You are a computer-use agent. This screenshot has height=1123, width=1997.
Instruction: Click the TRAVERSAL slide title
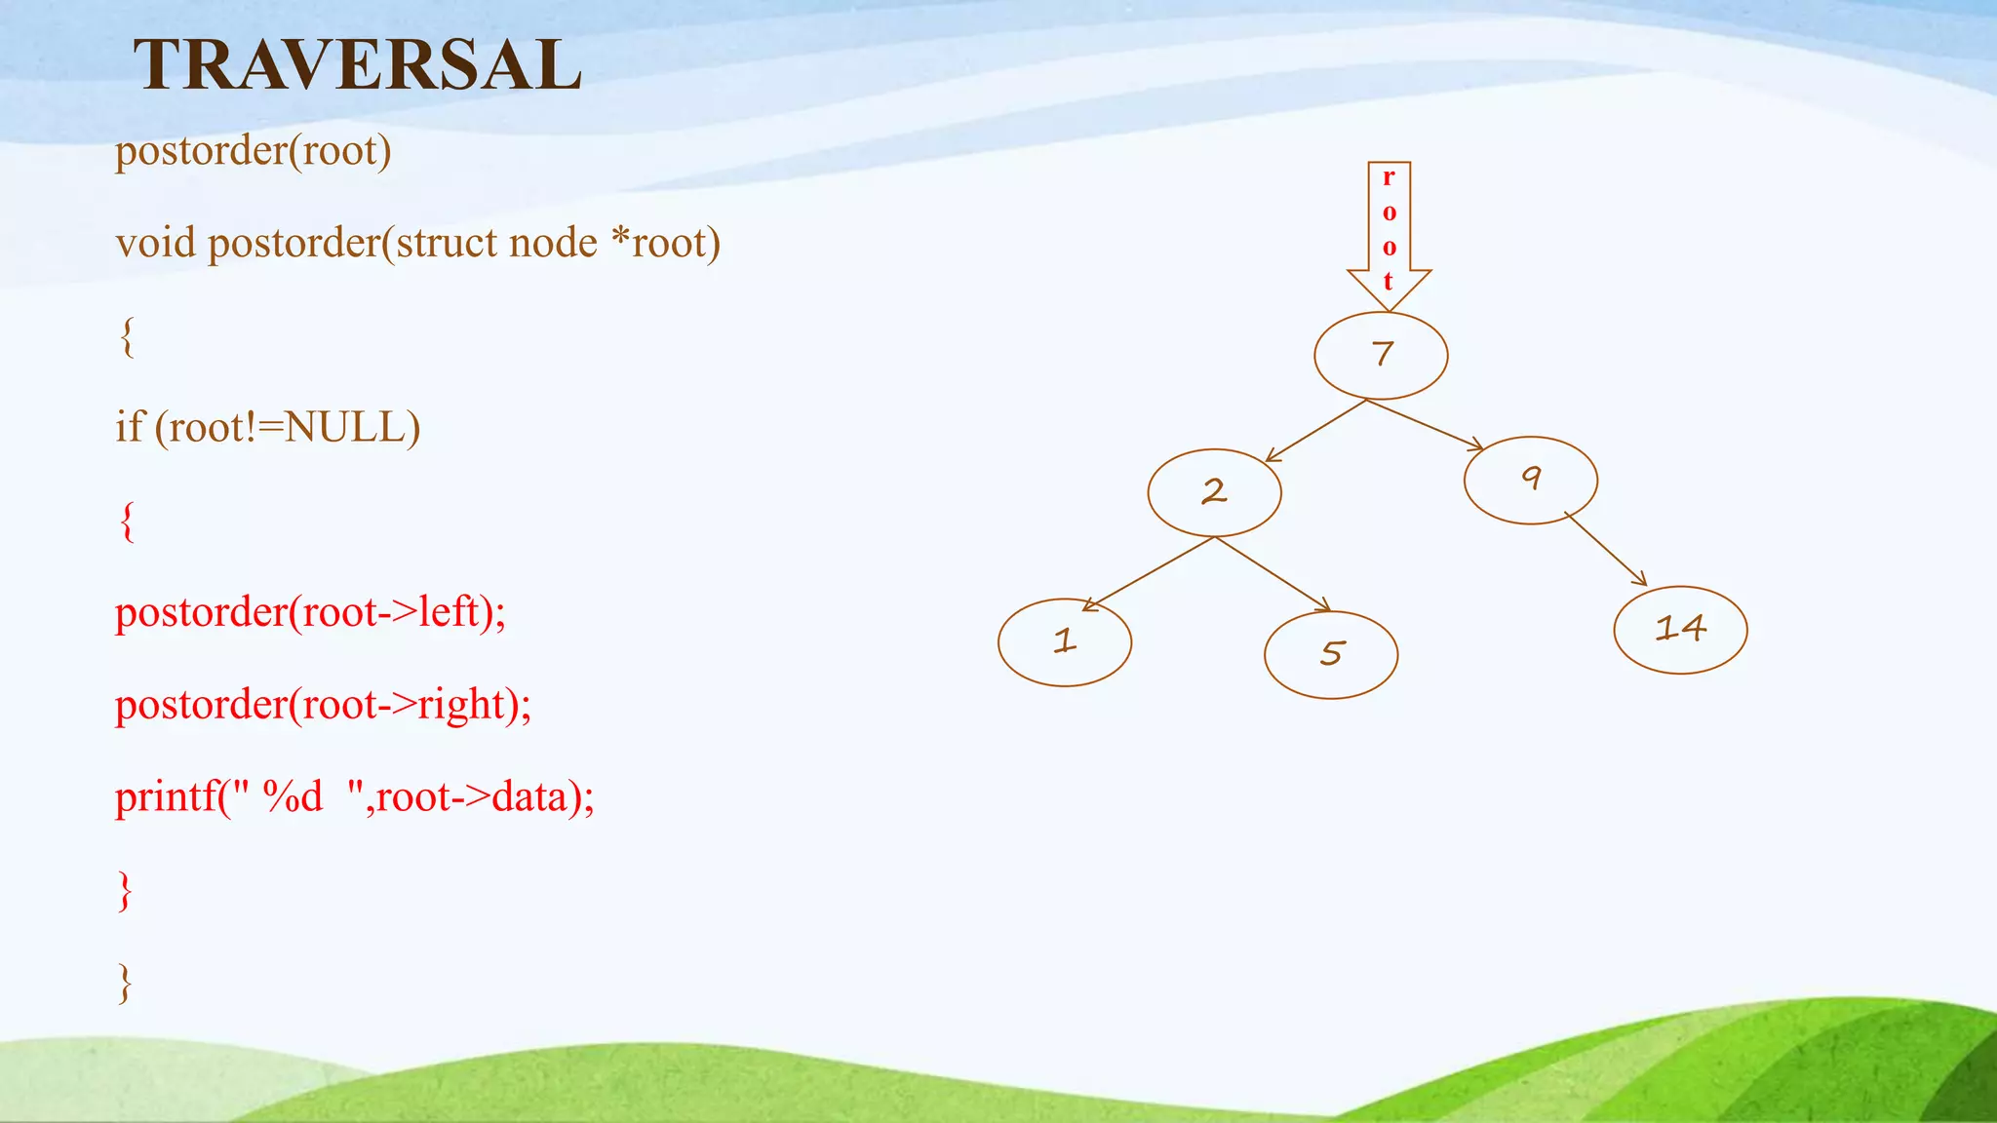tap(357, 65)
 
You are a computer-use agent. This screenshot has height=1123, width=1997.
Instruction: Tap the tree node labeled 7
tap(1381, 355)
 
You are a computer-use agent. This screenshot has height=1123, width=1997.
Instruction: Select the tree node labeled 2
tap(1214, 492)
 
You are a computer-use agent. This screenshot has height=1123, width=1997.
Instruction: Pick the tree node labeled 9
tap(1530, 480)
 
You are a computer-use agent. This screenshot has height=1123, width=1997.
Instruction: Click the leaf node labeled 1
tap(1065, 642)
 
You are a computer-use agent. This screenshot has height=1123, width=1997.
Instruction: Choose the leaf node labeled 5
tap(1331, 654)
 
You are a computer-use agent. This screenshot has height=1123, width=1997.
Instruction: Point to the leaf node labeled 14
tap(1680, 630)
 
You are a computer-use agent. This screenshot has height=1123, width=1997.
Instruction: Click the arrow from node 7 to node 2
tap(1316, 430)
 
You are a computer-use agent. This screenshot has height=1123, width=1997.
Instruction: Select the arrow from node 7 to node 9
tap(1424, 425)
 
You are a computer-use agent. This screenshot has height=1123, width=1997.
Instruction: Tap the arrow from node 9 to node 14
tap(1606, 549)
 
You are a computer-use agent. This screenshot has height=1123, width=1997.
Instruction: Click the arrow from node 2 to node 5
tap(1273, 574)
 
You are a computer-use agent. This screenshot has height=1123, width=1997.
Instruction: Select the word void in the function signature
tap(155, 243)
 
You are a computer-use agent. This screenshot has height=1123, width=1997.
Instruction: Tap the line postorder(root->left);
tap(310, 612)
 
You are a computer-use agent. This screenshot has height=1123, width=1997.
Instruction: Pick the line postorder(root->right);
tap(323, 705)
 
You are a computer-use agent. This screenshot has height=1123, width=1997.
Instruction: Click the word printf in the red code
tap(165, 797)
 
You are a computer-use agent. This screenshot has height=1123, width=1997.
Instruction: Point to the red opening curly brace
tap(127, 521)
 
